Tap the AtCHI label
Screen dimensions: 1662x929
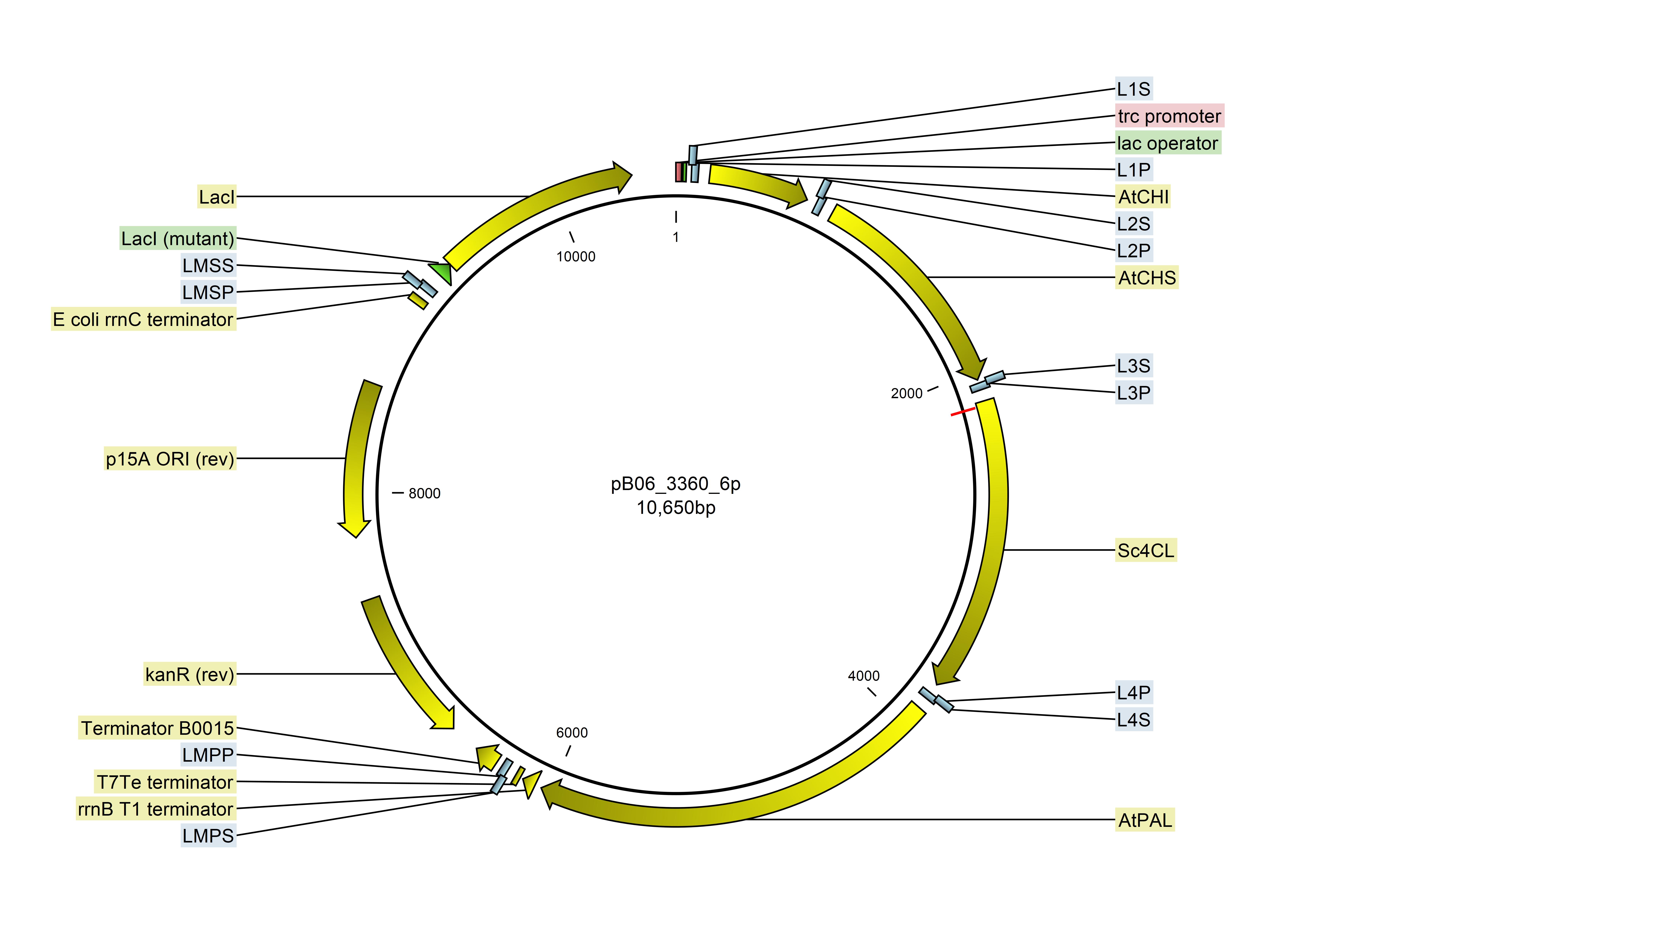[1143, 197]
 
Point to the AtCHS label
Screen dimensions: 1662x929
[1147, 278]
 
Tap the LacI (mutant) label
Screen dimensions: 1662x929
[177, 239]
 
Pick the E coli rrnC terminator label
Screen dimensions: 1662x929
[143, 319]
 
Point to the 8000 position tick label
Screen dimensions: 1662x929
[424, 493]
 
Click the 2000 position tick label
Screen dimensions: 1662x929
[906, 394]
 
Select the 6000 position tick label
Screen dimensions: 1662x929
[572, 733]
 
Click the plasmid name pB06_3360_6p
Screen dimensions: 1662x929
[675, 484]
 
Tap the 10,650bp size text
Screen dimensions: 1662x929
[675, 508]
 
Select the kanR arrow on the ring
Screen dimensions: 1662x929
[403, 664]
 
